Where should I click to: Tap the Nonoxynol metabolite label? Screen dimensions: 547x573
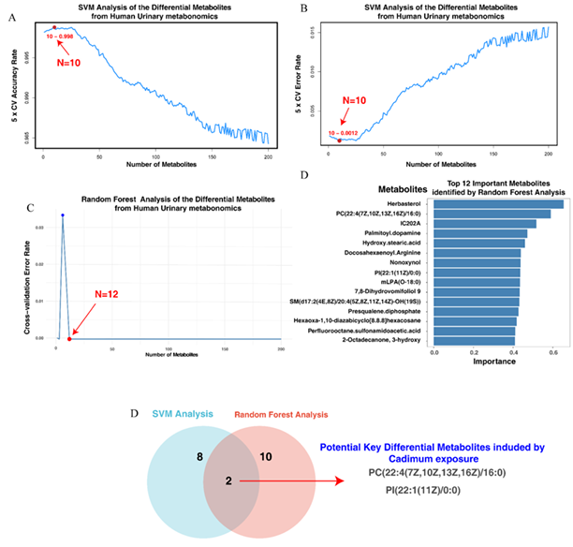[405, 262]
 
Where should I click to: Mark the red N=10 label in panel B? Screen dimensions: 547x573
[360, 99]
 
